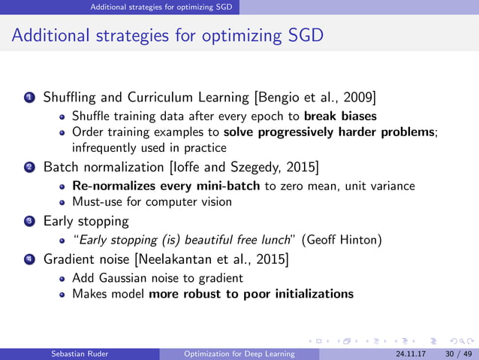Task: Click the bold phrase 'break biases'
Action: [341, 116]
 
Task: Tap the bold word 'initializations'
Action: [310, 294]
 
